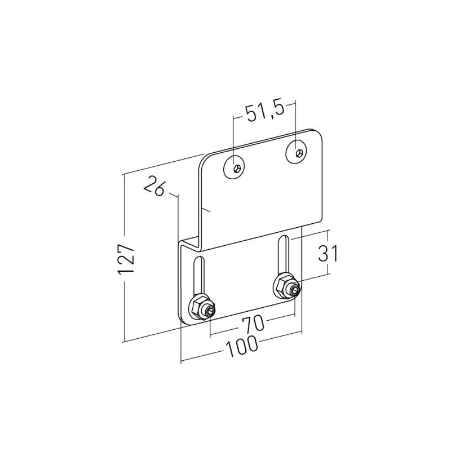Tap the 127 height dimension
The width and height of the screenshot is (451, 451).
(126, 259)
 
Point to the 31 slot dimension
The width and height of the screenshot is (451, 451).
(328, 253)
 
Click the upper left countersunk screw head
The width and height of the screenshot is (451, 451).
(234, 167)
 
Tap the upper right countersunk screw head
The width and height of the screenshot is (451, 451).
(297, 152)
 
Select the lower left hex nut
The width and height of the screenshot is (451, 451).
(200, 307)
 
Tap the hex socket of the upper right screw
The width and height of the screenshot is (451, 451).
(299, 153)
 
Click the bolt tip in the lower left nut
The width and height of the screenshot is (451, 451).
(210, 311)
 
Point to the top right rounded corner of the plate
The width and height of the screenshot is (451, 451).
(318, 132)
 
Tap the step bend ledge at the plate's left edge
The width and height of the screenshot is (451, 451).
(190, 241)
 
